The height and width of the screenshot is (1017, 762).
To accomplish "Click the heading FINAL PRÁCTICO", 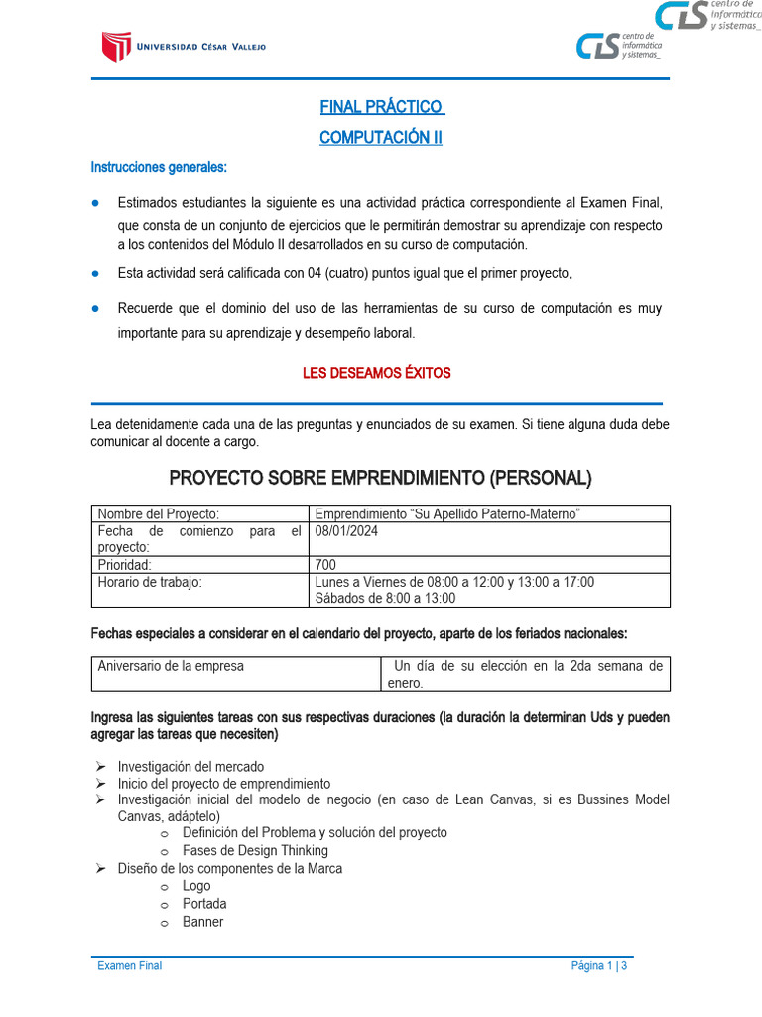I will pos(380,107).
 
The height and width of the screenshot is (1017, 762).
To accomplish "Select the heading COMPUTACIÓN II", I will pos(380,138).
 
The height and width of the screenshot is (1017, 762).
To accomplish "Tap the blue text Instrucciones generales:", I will pos(159,166).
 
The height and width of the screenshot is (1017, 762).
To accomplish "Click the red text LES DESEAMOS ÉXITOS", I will pos(376,373).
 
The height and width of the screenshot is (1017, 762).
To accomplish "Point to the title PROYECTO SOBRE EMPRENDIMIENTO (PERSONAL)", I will pos(380,478).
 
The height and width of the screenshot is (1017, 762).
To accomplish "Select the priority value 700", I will pos(325,565).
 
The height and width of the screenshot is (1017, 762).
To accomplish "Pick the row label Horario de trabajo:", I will pos(149,582).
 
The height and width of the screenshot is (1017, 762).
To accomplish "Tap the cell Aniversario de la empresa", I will pos(171,666).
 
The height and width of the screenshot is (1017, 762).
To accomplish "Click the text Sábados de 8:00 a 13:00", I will pos(385,598).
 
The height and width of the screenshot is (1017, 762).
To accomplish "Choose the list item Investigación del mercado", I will pos(190,766).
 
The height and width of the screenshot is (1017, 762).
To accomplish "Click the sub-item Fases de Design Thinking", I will pos(255,850).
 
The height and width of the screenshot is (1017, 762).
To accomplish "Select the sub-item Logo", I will pos(196,886).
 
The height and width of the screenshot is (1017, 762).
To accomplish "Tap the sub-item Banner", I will pos(202,922).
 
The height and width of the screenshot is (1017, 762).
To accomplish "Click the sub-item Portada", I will pos(204,904).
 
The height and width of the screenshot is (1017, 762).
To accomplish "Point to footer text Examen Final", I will pos(129,966).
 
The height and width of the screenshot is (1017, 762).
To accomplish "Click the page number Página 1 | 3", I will pos(599,966).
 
